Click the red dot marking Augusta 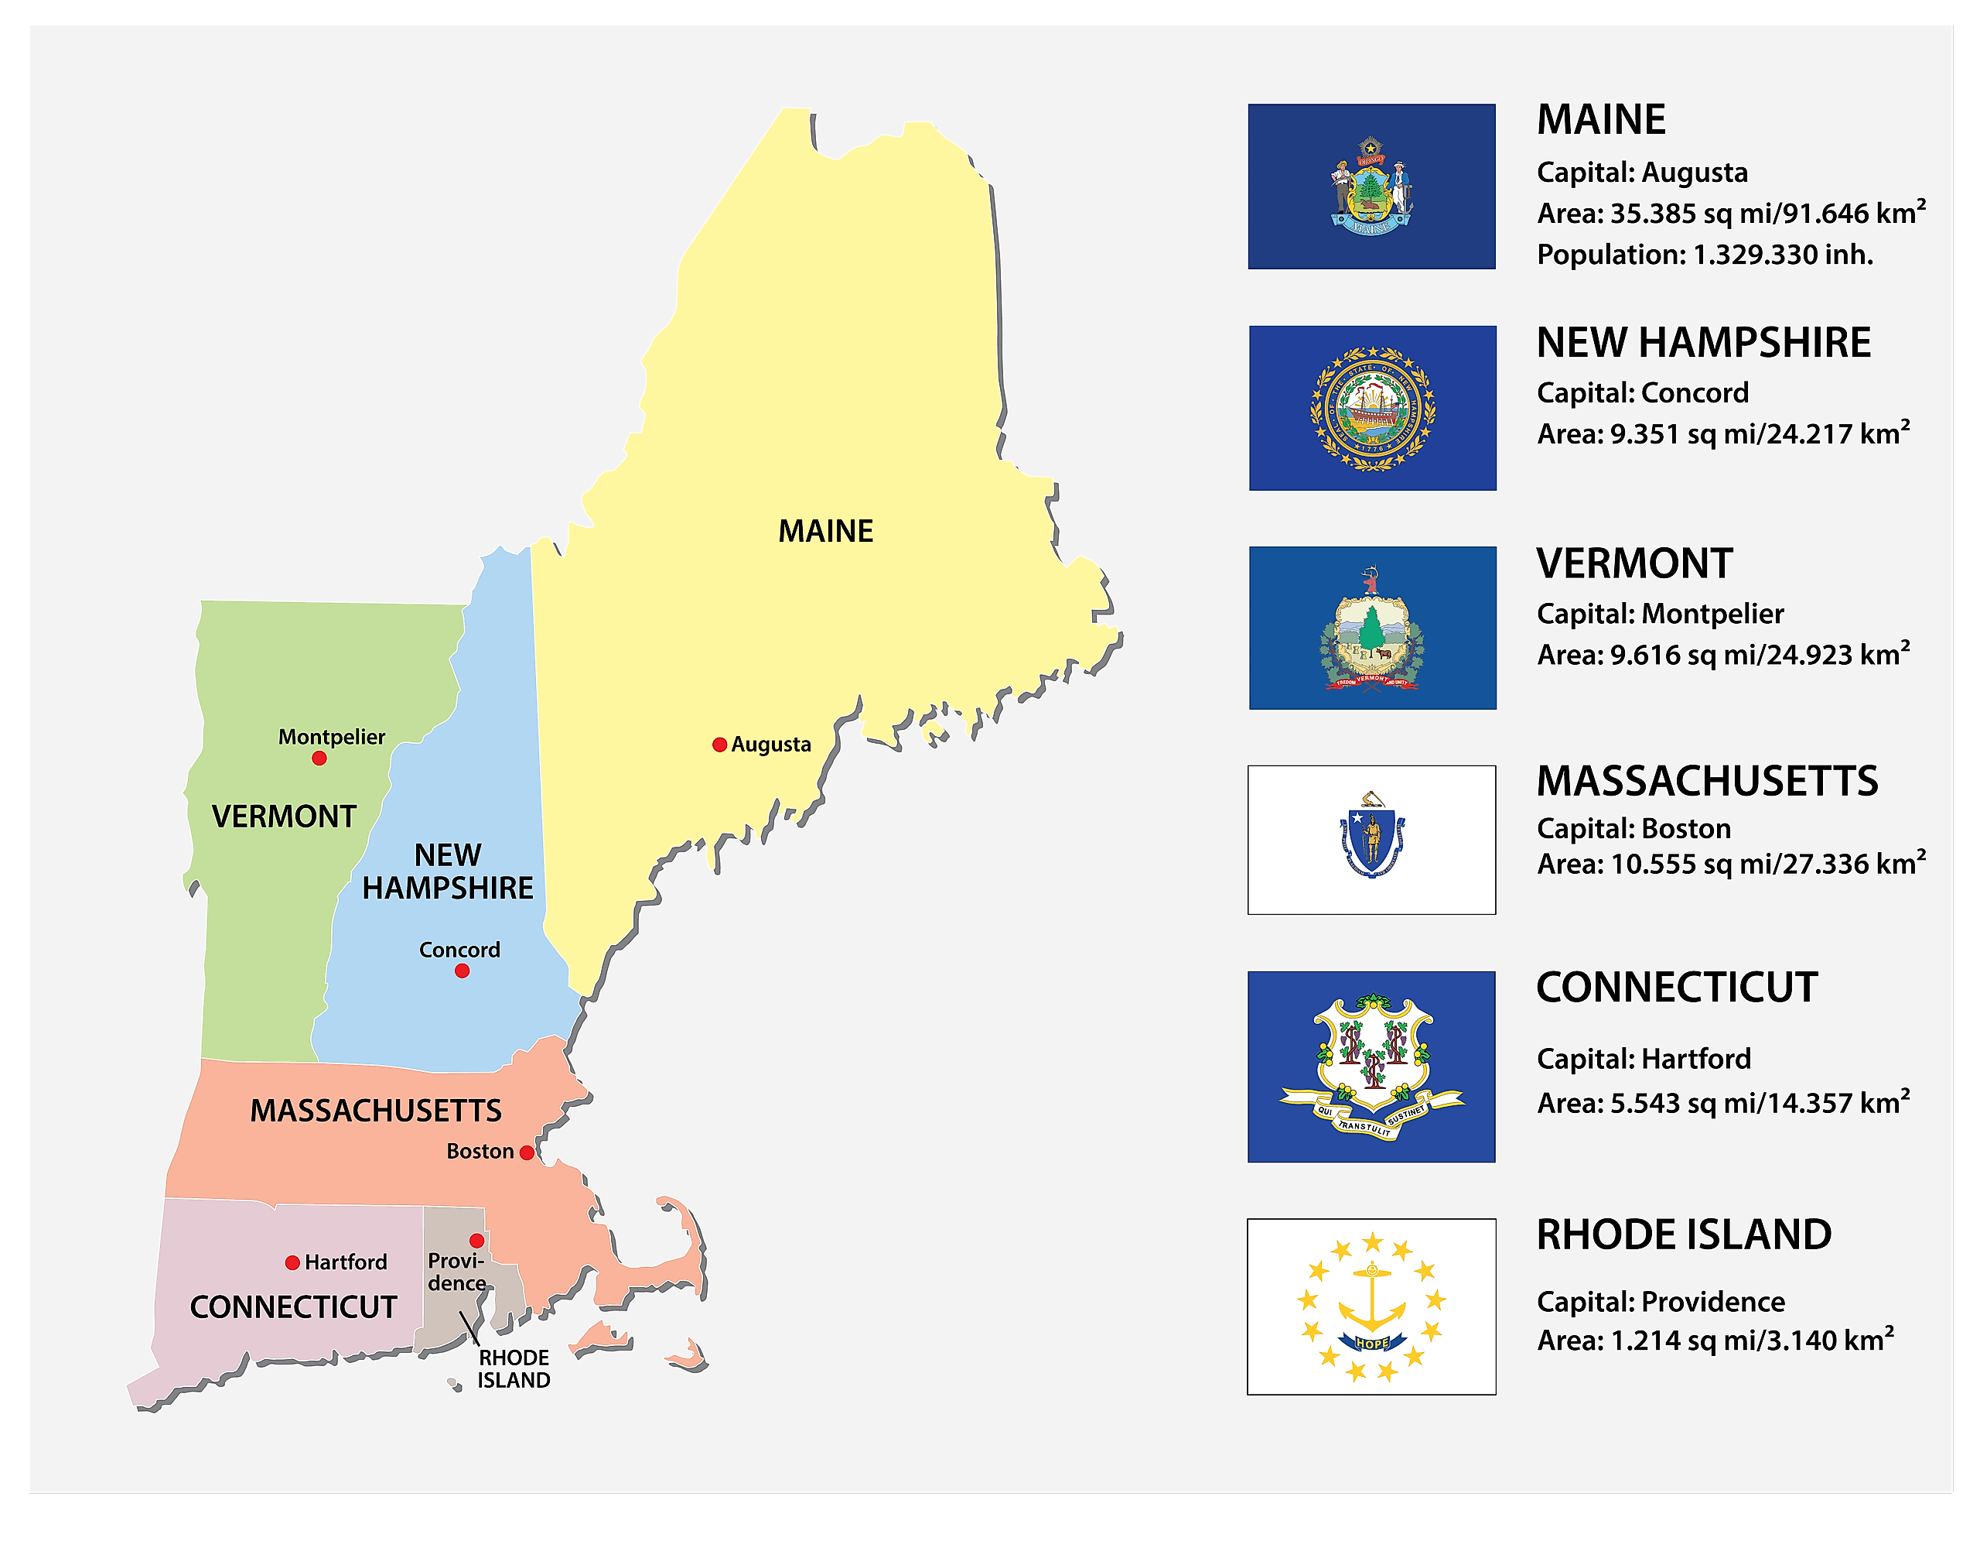pyautogui.click(x=720, y=745)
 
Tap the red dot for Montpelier pyautogui.click(x=319, y=759)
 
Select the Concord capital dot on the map pyautogui.click(x=463, y=971)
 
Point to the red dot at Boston pyautogui.click(x=526, y=1152)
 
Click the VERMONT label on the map pyautogui.click(x=284, y=817)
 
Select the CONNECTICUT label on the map pyautogui.click(x=293, y=1307)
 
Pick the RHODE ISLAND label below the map pyautogui.click(x=514, y=1368)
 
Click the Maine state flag pyautogui.click(x=1371, y=187)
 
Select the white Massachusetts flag pyautogui.click(x=1371, y=840)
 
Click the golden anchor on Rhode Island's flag pyautogui.click(x=1371, y=1297)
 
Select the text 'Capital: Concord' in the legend pyautogui.click(x=1642, y=392)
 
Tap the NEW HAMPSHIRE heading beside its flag pyautogui.click(x=1703, y=343)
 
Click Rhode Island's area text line pyautogui.click(x=1715, y=1340)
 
